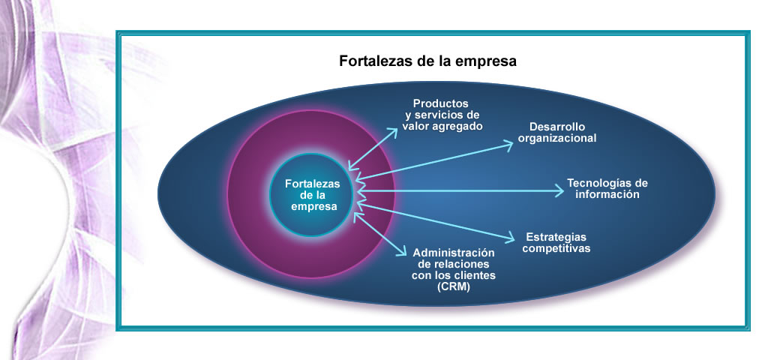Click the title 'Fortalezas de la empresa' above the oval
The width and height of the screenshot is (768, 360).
tap(427, 61)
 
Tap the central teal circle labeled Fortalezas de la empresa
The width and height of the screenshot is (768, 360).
tap(311, 195)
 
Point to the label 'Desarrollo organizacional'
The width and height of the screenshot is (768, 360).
tap(557, 133)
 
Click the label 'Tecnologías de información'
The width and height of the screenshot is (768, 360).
tap(607, 188)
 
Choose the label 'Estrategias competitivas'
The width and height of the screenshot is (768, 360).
tap(556, 243)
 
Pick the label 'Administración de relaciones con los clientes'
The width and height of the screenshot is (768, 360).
tap(454, 264)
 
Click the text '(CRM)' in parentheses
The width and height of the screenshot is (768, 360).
tap(453, 287)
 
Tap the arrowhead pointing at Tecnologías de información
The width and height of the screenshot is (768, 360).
tap(559, 190)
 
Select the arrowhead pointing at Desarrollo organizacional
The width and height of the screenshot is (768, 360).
tap(508, 145)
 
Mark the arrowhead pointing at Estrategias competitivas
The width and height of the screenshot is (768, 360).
tap(509, 238)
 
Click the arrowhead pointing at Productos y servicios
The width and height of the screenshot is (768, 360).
tap(392, 132)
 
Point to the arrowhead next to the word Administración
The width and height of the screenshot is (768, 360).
tap(400, 250)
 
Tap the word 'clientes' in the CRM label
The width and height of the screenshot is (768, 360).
tap(475, 275)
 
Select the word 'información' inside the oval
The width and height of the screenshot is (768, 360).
tap(607, 194)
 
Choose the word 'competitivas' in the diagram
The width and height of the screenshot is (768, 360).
tap(556, 249)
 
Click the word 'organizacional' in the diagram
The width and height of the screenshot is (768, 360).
tap(557, 139)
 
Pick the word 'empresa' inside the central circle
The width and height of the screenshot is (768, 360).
tap(314, 207)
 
